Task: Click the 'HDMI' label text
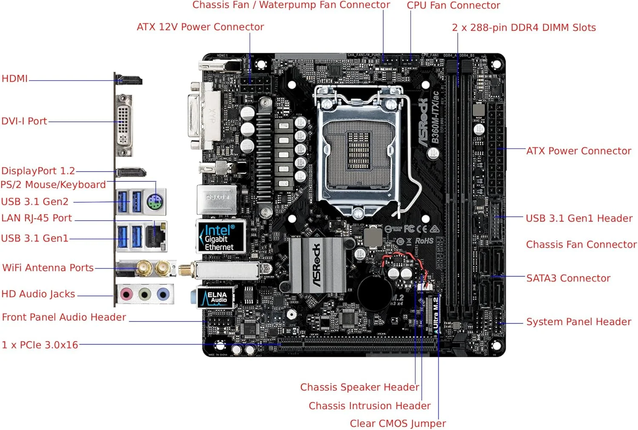pyautogui.click(x=14, y=79)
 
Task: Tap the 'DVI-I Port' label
pyautogui.click(x=24, y=121)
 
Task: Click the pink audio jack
pyautogui.click(x=126, y=294)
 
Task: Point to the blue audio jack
pyautogui.click(x=163, y=294)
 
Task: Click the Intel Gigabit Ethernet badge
pyautogui.click(x=220, y=237)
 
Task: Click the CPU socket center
pyautogui.click(x=359, y=151)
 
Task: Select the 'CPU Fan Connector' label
pyautogui.click(x=453, y=6)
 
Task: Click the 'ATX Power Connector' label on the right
pyautogui.click(x=578, y=151)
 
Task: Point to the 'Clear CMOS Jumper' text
pyautogui.click(x=398, y=424)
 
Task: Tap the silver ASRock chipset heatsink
pyautogui.click(x=317, y=265)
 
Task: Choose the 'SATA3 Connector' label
pyautogui.click(x=568, y=278)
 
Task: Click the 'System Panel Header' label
pyautogui.click(x=578, y=322)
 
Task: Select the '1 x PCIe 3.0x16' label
pyautogui.click(x=40, y=345)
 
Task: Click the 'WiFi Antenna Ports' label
pyautogui.click(x=48, y=268)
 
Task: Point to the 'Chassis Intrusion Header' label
pyautogui.click(x=370, y=406)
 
